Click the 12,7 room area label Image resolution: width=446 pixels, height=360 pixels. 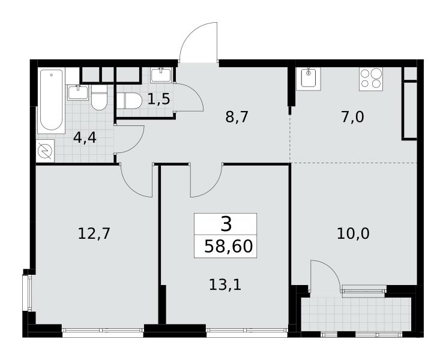coord(94,234)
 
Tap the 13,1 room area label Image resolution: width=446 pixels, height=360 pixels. coord(225,284)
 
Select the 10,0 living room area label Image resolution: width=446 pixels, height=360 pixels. coord(353,234)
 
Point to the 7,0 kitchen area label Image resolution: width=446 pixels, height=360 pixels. coord(352,117)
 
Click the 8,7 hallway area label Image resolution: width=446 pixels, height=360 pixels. coord(237,117)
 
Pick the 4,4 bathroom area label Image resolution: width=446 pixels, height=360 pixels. coord(85,138)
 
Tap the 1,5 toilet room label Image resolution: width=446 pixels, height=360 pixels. coord(158,99)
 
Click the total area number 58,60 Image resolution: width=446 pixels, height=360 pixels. coord(229,246)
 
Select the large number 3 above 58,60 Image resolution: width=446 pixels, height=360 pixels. coord(226,224)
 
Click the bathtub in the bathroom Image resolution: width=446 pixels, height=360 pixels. coord(52,100)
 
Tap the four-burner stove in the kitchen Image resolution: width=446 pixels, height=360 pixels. coord(371,79)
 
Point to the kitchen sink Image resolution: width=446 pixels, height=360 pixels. coord(309,79)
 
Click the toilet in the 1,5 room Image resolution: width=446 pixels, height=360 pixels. coord(129,101)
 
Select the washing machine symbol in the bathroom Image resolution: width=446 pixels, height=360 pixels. coord(45,151)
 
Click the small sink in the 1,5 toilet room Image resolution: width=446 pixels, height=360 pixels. coord(161,76)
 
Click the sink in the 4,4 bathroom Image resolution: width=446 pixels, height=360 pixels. coord(78,92)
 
